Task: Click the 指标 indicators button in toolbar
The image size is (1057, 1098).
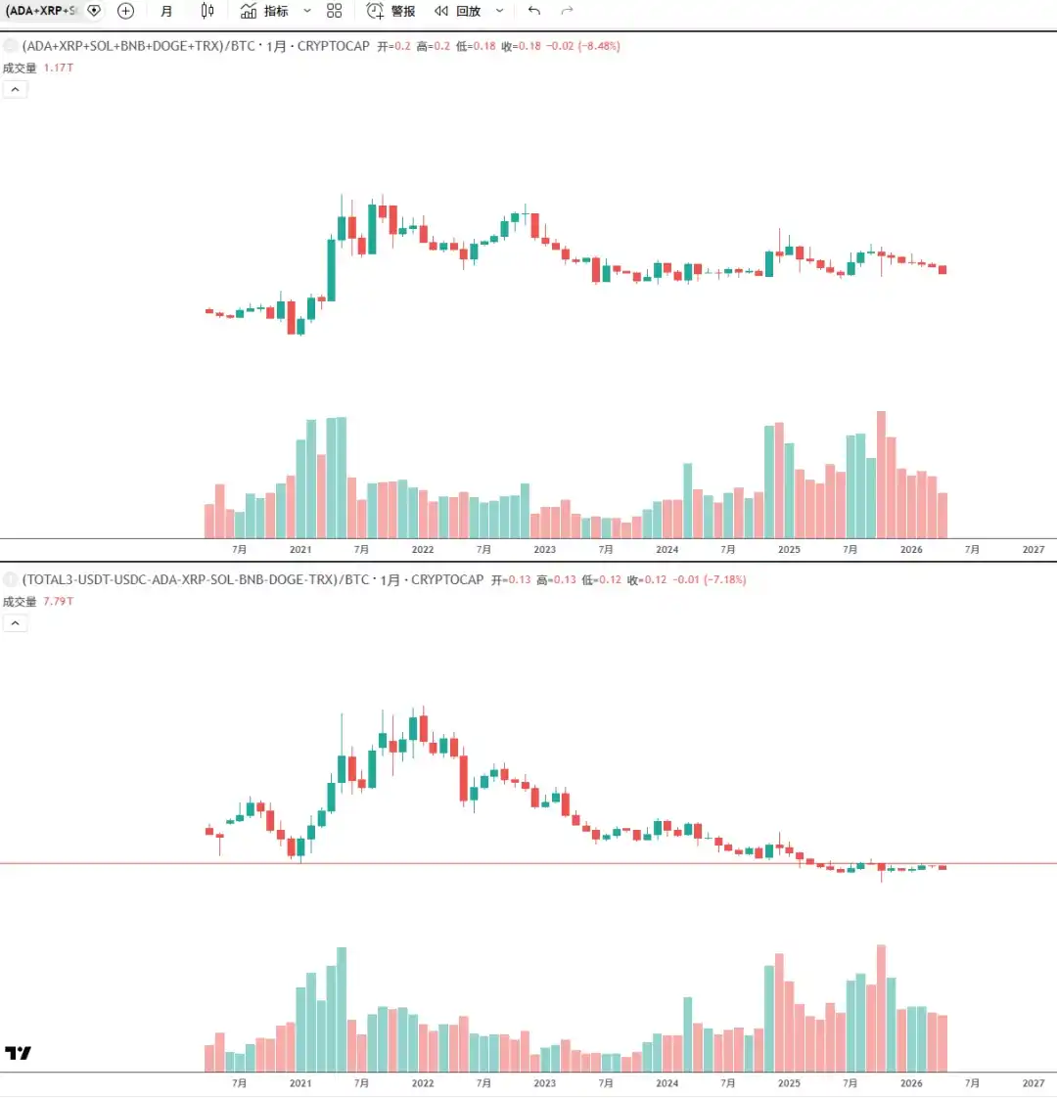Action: point(264,11)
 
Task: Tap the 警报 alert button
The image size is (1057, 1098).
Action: point(391,11)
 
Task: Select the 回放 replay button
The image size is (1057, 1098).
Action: point(459,11)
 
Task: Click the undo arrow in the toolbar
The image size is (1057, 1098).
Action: point(533,11)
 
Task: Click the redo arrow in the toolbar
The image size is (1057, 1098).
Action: point(567,11)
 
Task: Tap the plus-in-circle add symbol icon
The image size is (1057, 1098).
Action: point(125,11)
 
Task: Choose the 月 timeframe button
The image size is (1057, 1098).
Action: point(166,11)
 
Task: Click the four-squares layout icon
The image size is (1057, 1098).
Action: point(335,11)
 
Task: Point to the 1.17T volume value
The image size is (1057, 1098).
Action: point(58,68)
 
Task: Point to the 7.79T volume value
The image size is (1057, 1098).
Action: point(58,601)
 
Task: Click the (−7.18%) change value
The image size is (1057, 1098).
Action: point(724,579)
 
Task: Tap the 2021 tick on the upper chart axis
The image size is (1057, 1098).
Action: point(300,550)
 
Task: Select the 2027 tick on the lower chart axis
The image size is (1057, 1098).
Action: point(1034,1083)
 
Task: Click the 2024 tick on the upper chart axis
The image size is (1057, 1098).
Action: point(666,550)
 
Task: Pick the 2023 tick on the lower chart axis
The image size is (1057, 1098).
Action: point(544,1083)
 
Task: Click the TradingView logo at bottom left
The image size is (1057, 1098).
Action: point(18,1053)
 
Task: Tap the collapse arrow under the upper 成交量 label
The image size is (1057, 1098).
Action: point(15,89)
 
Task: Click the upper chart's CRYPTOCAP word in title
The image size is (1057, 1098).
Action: point(334,46)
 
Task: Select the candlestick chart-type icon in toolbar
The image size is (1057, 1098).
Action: point(207,11)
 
